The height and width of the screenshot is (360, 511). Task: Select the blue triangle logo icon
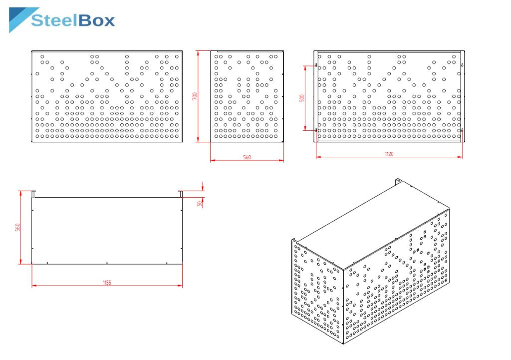pyautogui.click(x=23, y=19)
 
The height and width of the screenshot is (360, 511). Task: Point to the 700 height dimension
pyautogui.click(x=195, y=96)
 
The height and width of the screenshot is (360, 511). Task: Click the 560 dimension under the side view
pyautogui.click(x=247, y=157)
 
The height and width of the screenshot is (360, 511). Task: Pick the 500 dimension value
pyautogui.click(x=302, y=98)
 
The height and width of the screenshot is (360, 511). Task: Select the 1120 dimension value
pyautogui.click(x=389, y=154)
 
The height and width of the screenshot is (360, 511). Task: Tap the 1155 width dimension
pyautogui.click(x=107, y=283)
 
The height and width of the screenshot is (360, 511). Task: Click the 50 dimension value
pyautogui.click(x=200, y=204)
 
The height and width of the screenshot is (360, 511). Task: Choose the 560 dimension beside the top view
pyautogui.click(x=17, y=227)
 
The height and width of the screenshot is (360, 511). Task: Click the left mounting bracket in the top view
pyautogui.click(x=33, y=194)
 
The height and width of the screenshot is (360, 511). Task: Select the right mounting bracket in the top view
pyautogui.click(x=181, y=194)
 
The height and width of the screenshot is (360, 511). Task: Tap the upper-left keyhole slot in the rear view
pyautogui.click(x=316, y=65)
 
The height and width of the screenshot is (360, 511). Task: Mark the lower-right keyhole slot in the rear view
pyautogui.click(x=462, y=130)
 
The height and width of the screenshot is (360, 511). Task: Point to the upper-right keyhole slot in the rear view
pyautogui.click(x=462, y=65)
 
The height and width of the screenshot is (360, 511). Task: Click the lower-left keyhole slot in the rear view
pyautogui.click(x=316, y=130)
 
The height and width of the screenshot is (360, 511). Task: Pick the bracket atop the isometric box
pyautogui.click(x=398, y=181)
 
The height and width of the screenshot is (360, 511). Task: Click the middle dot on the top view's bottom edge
pyautogui.click(x=107, y=263)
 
